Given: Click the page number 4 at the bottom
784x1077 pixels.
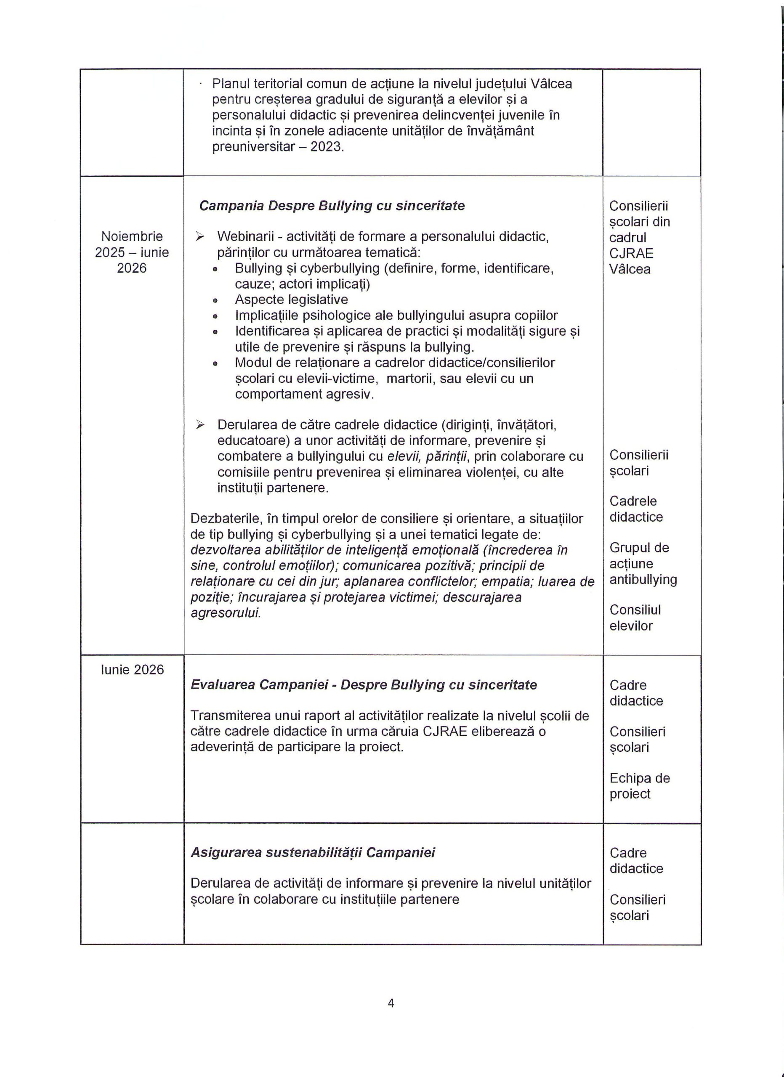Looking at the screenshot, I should click(x=391, y=1003).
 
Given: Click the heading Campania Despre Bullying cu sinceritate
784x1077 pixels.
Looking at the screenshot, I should click(x=332, y=206).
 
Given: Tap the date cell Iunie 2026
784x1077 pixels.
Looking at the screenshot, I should click(x=132, y=670).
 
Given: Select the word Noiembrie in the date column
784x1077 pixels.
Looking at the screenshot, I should click(x=132, y=236).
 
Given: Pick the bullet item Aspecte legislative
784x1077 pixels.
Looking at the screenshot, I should click(x=291, y=300).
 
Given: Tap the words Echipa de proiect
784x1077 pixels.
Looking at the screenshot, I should click(x=639, y=786).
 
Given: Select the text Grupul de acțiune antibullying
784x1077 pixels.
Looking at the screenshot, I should click(x=643, y=564).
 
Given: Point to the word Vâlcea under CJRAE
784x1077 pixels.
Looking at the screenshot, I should click(x=630, y=269).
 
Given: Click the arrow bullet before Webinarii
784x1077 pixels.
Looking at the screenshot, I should click(x=200, y=236).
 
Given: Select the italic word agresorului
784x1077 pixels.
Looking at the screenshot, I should click(x=226, y=613).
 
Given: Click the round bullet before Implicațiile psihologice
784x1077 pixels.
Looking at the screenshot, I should click(x=215, y=316).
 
